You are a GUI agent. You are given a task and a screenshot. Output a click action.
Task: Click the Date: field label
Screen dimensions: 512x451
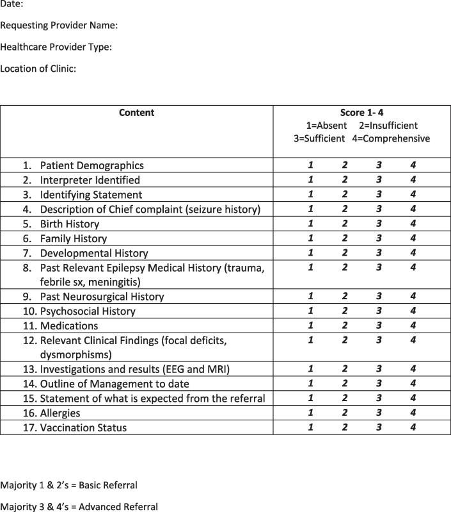click(x=12, y=4)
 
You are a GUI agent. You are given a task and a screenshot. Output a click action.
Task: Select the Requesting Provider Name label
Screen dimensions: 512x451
click(x=59, y=26)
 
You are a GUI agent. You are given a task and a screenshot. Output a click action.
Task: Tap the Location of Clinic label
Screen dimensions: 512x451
click(x=38, y=68)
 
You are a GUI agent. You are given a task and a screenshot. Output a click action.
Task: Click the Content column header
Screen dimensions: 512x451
click(x=136, y=113)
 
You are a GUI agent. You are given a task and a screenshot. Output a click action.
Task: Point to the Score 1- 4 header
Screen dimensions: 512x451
click(x=362, y=113)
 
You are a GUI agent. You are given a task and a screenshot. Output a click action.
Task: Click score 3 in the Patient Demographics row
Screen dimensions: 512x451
click(x=379, y=165)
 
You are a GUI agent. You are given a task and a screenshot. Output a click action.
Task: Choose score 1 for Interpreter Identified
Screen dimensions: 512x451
click(x=310, y=180)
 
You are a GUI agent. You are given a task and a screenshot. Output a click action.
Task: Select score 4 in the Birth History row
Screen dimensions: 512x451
click(x=413, y=224)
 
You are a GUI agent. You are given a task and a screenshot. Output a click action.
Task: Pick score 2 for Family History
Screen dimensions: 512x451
click(x=345, y=238)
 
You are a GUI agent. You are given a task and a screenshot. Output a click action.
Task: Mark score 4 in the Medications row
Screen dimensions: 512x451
click(x=413, y=326)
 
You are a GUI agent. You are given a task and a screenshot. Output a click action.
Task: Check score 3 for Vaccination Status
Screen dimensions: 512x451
click(x=379, y=427)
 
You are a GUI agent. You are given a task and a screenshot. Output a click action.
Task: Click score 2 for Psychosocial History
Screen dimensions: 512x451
click(x=345, y=311)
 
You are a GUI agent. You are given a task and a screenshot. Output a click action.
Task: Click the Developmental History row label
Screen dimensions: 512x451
click(x=93, y=253)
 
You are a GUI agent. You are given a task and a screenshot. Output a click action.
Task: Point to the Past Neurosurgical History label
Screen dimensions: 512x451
click(x=102, y=297)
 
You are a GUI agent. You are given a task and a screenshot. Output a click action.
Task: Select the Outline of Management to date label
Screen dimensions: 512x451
click(x=115, y=384)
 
